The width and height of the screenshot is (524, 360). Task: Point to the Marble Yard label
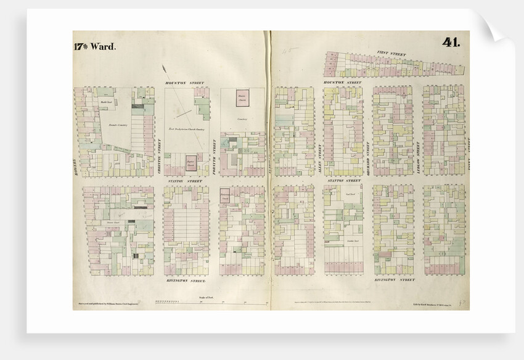(105, 102)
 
